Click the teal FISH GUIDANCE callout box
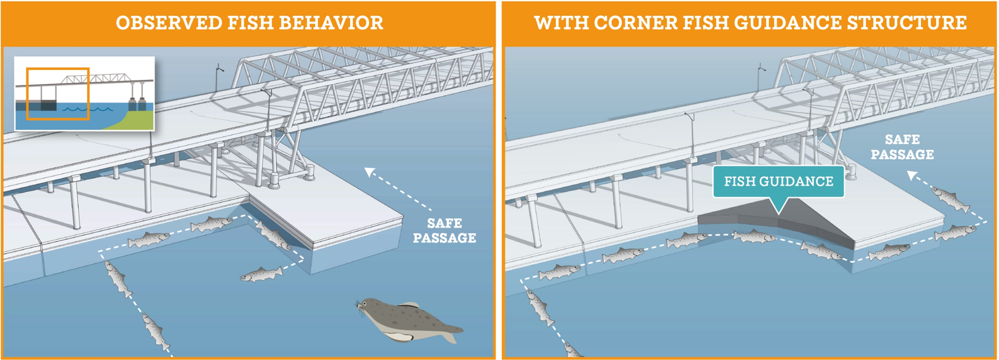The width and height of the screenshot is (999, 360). pyautogui.click(x=778, y=182)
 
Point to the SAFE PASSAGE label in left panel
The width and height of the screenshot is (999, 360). pyautogui.click(x=444, y=231)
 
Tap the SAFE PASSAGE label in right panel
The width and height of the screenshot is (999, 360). pyautogui.click(x=902, y=147)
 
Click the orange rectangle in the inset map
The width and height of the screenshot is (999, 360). pyautogui.click(x=58, y=93)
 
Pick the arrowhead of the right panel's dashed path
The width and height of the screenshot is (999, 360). pyautogui.click(x=911, y=176)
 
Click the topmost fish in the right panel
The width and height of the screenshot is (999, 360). pyautogui.click(x=950, y=199)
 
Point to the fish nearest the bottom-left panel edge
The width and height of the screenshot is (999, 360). pyautogui.click(x=156, y=333)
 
